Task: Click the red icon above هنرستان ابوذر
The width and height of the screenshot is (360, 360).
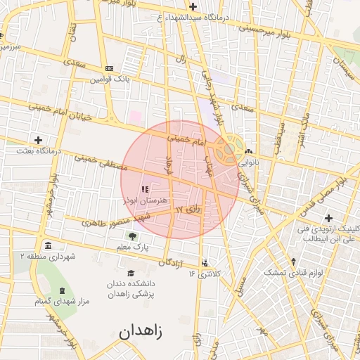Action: [145, 189]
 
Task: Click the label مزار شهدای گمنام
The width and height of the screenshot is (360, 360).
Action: [63, 302]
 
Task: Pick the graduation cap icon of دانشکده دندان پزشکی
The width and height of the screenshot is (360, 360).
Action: [131, 273]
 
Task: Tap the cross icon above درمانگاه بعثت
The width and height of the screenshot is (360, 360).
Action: [38, 140]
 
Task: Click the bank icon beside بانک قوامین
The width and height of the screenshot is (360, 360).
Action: [108, 68]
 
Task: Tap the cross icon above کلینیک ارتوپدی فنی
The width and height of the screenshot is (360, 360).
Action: [328, 217]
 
